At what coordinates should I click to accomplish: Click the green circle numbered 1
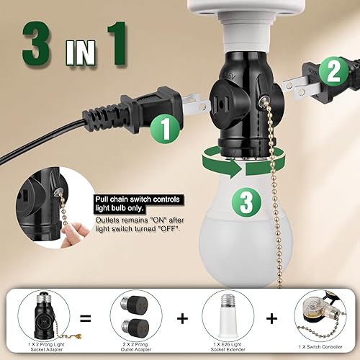pyautogui.click(x=166, y=130)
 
